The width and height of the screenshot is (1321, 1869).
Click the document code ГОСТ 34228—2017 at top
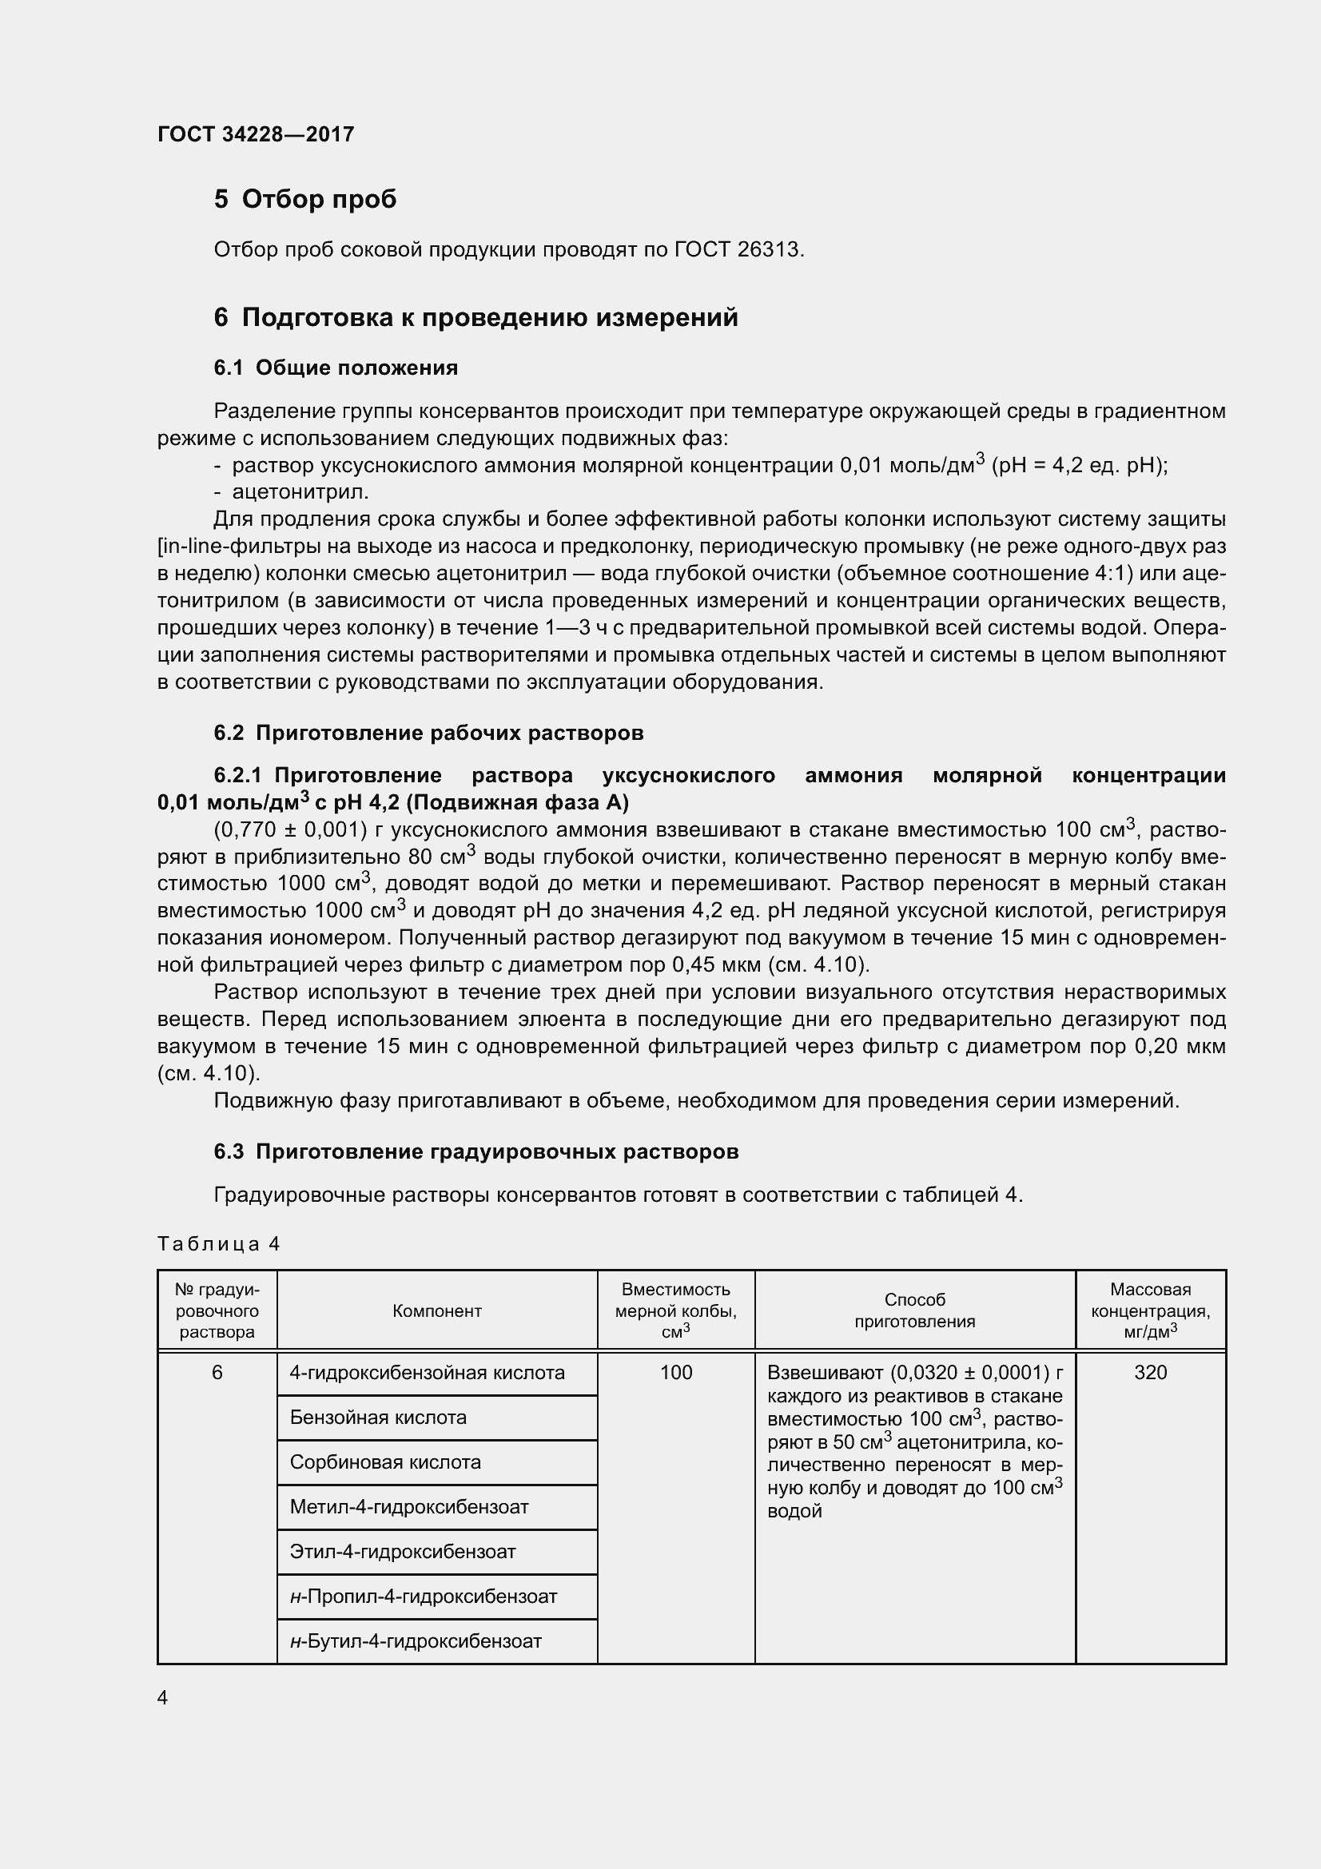[x=256, y=134]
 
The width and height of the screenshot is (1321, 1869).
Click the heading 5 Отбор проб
[x=304, y=199]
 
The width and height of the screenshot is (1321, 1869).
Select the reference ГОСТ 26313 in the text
[x=738, y=250]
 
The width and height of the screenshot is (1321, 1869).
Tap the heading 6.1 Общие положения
[x=336, y=368]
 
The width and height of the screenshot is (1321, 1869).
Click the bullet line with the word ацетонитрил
[x=300, y=491]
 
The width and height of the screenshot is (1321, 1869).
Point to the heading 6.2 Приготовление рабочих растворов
[x=428, y=733]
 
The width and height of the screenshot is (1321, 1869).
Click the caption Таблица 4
[x=218, y=1244]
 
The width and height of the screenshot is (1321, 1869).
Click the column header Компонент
[x=437, y=1310]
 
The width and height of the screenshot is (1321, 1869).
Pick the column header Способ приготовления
[x=914, y=1310]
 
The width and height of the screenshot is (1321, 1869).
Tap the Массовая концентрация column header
[x=1150, y=1310]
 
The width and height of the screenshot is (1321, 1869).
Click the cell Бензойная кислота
[x=378, y=1418]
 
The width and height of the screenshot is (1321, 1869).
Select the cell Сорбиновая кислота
[x=385, y=1462]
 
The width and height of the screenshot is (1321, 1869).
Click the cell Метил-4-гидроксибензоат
[x=408, y=1507]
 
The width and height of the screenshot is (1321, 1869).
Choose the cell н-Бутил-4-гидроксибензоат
[x=415, y=1641]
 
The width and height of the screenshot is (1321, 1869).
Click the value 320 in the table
[x=1150, y=1373]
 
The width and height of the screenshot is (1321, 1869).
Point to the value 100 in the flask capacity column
[x=675, y=1373]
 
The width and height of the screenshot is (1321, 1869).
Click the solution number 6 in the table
[x=217, y=1373]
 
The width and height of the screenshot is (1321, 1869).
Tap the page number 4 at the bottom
[x=163, y=1697]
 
